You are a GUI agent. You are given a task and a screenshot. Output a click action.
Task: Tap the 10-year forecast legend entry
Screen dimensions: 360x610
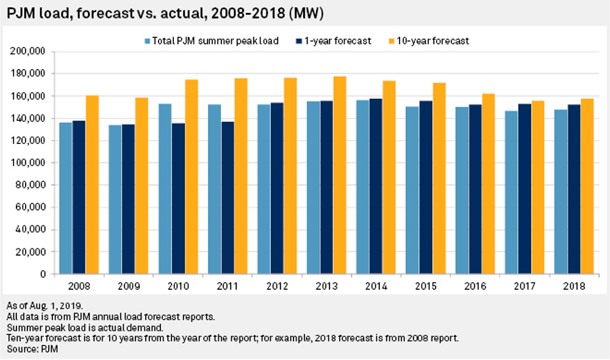coord(434,41)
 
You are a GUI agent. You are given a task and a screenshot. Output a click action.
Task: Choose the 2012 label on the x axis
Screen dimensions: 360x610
coord(276,286)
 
